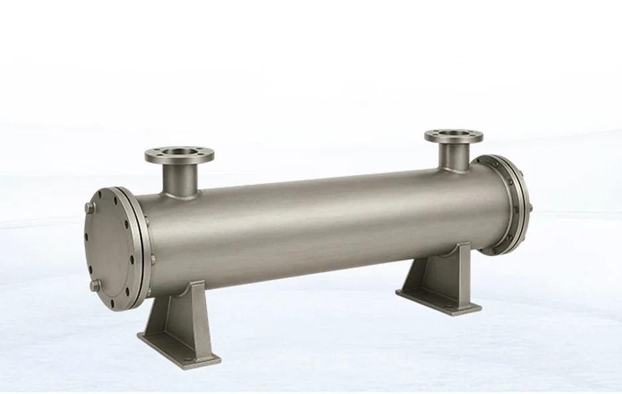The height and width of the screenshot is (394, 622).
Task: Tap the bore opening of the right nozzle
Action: [454, 136]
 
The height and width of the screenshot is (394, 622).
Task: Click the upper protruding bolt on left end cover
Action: [90, 208]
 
